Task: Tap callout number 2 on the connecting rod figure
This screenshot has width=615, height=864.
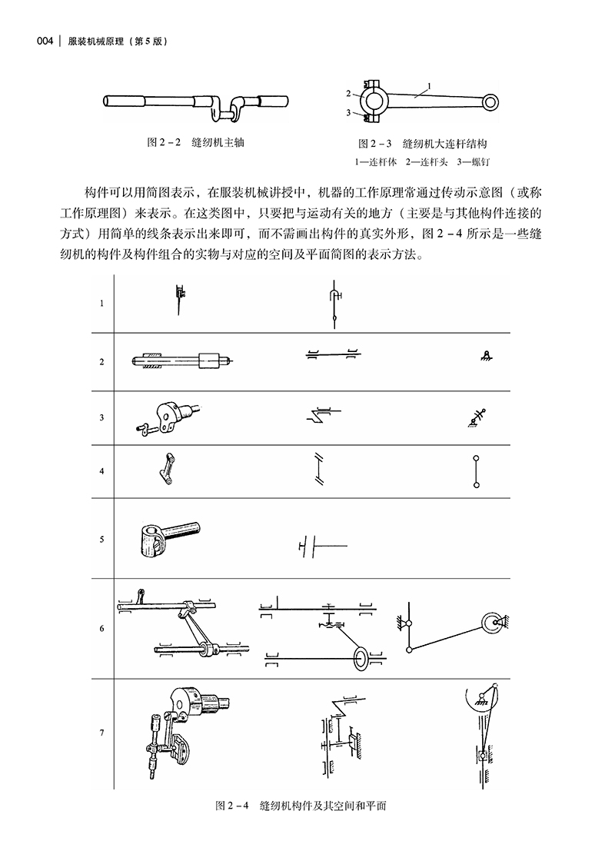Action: click(x=348, y=94)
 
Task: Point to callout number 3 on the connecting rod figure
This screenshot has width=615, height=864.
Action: click(x=348, y=113)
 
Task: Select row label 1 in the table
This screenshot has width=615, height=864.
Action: click(x=102, y=303)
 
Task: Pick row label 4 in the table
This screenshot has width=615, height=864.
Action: click(x=102, y=470)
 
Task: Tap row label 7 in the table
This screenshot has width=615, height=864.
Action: click(x=102, y=733)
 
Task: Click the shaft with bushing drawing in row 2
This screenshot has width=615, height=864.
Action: click(x=183, y=361)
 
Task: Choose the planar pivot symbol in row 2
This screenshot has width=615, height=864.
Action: click(x=486, y=355)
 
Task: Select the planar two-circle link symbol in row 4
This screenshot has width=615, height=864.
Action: click(x=477, y=470)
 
